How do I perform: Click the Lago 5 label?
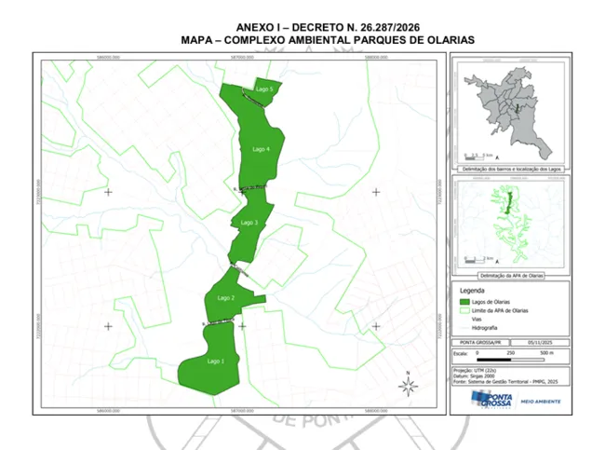[263, 89]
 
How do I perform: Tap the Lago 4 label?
[261, 149]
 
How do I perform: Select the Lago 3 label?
[249, 224]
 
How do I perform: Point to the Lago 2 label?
[226, 297]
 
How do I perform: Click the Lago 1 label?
[216, 361]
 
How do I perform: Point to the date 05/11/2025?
[539, 342]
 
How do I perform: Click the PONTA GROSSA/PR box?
[478, 342]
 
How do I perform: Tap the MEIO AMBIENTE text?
[541, 402]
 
